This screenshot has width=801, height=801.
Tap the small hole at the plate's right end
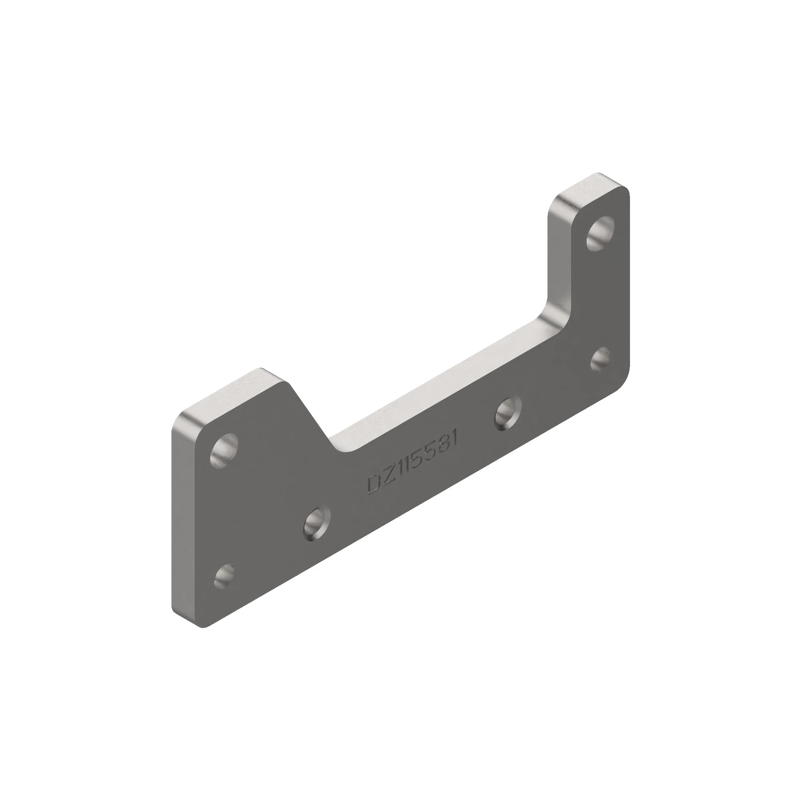pos(600,359)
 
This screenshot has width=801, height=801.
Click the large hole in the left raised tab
pos(224,450)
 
